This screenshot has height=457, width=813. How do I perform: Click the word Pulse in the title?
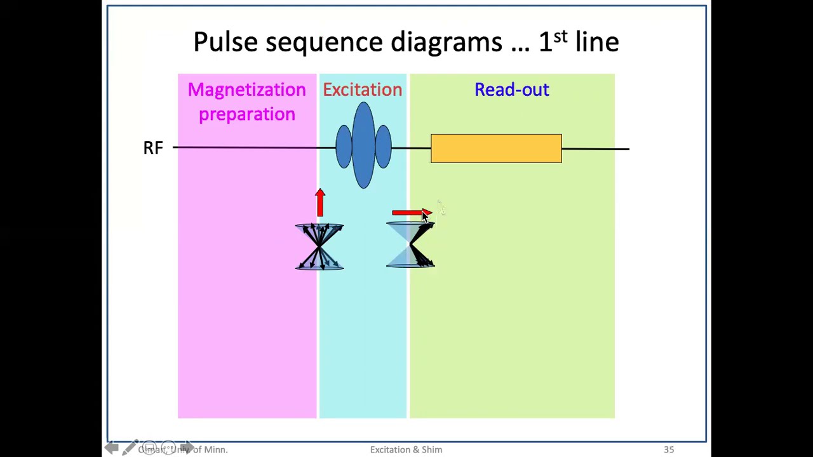(225, 42)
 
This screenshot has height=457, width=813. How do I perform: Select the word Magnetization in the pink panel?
(246, 90)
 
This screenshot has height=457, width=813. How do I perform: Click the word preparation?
(246, 115)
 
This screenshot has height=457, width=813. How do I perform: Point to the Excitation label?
(362, 90)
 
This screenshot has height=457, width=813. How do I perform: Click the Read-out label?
(511, 90)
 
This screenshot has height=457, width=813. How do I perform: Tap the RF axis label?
(153, 149)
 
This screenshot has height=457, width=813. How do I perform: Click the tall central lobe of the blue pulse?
(363, 145)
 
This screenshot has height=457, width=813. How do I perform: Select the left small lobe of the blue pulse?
(344, 147)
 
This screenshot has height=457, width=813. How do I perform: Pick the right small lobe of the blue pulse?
(383, 147)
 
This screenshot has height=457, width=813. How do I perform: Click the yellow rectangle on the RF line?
(496, 149)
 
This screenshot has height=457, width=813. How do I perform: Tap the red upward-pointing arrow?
(320, 202)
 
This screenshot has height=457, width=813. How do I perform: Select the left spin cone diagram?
(319, 246)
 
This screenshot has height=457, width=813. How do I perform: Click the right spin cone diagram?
(411, 245)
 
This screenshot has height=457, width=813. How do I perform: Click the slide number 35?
(669, 449)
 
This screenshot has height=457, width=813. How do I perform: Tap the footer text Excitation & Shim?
(406, 449)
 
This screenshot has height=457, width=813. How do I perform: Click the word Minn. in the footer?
(215, 449)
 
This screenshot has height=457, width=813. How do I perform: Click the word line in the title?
(597, 42)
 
